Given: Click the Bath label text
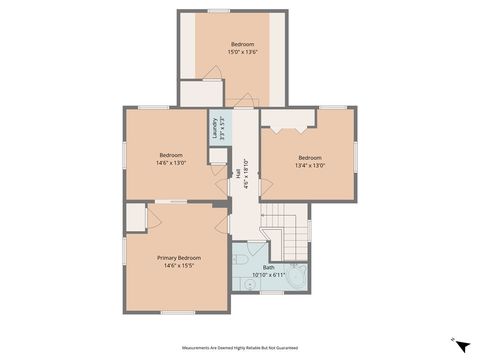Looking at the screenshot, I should (x=268, y=267).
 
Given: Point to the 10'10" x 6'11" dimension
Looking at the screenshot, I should (x=268, y=275).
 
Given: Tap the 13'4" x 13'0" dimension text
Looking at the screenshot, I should (x=310, y=166).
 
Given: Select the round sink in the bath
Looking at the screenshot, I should (x=246, y=285).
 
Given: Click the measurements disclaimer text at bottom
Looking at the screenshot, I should (x=240, y=347).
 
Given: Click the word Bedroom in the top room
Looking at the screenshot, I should (x=243, y=45).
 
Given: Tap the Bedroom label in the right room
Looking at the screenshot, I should (x=310, y=157).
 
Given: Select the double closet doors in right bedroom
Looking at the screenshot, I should (x=289, y=125).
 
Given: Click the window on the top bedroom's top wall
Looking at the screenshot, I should (x=219, y=11).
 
